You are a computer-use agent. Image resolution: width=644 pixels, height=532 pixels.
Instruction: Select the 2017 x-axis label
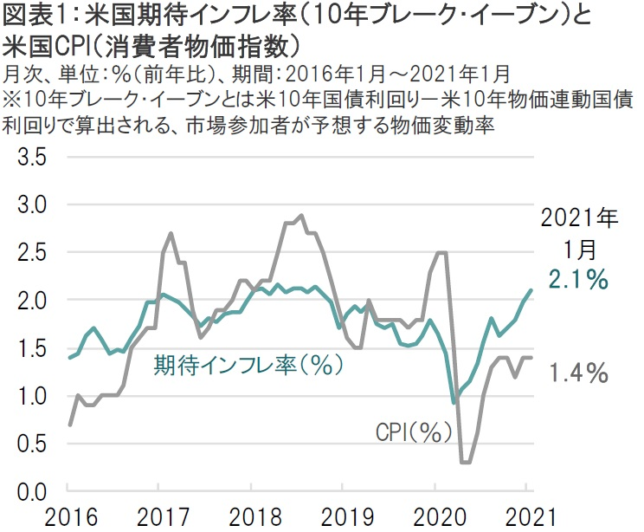(x=158, y=517)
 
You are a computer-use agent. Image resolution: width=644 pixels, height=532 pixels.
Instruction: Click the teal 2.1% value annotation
(x=577, y=280)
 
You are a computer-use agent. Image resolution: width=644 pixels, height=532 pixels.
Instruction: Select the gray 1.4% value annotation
(x=577, y=373)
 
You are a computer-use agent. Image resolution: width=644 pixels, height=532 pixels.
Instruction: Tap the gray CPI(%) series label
(x=408, y=431)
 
